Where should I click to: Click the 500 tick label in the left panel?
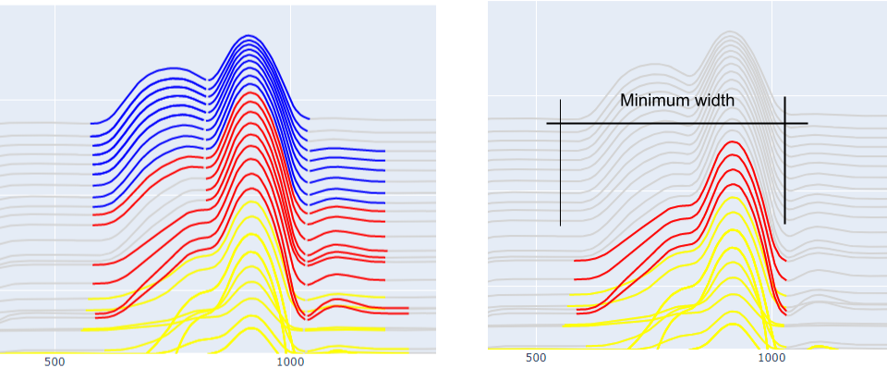pyautogui.click(x=55, y=362)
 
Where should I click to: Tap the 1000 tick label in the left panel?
pyautogui.click(x=290, y=362)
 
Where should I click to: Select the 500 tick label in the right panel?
pyautogui.click(x=536, y=358)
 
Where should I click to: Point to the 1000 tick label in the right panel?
pyautogui.click(x=772, y=358)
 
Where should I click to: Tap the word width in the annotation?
pyautogui.click(x=713, y=101)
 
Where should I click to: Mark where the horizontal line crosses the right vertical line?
pyautogui.click(x=784, y=123)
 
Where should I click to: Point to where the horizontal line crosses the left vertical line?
pyautogui.click(x=560, y=123)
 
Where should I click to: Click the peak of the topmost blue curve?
pyautogui.click(x=247, y=35)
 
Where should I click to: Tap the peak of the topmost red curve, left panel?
pyautogui.click(x=247, y=92)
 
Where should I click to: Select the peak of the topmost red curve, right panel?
pyautogui.click(x=732, y=141)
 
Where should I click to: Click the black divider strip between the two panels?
pyautogui.click(x=462, y=184)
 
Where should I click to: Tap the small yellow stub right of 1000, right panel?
pyautogui.click(x=821, y=348)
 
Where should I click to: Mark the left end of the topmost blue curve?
pyautogui.click(x=91, y=123)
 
